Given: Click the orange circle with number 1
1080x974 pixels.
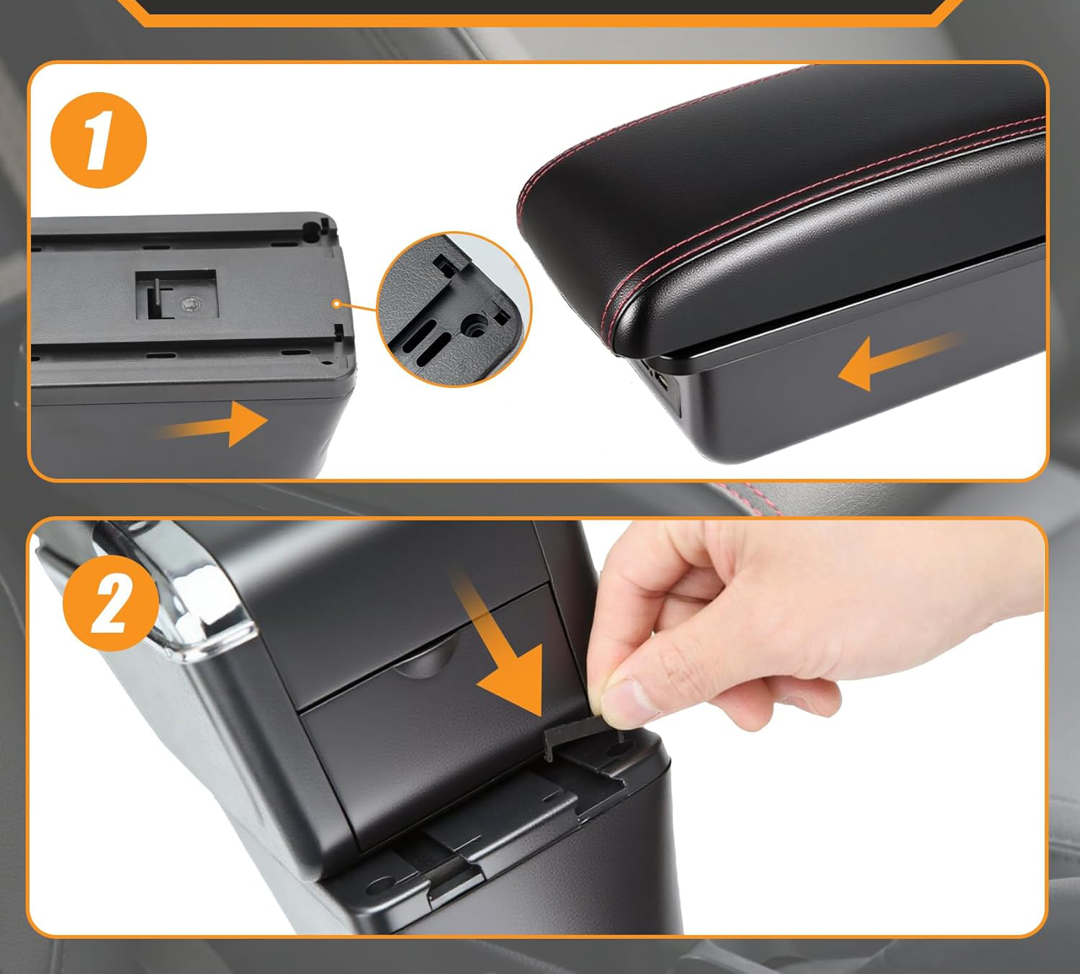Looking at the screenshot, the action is click(x=99, y=140).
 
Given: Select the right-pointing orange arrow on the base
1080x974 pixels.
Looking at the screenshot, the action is click(x=212, y=424).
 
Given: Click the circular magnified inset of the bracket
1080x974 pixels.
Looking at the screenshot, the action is click(x=454, y=309).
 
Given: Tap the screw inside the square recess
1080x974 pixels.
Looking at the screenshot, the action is click(x=190, y=305).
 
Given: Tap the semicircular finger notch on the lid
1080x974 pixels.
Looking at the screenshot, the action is click(x=426, y=657).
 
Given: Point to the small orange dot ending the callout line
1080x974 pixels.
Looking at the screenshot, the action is click(x=336, y=304).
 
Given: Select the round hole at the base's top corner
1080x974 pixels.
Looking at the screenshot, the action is click(x=311, y=230).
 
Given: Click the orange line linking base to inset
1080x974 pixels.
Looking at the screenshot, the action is click(x=358, y=307).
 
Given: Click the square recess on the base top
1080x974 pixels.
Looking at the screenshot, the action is click(x=176, y=294).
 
